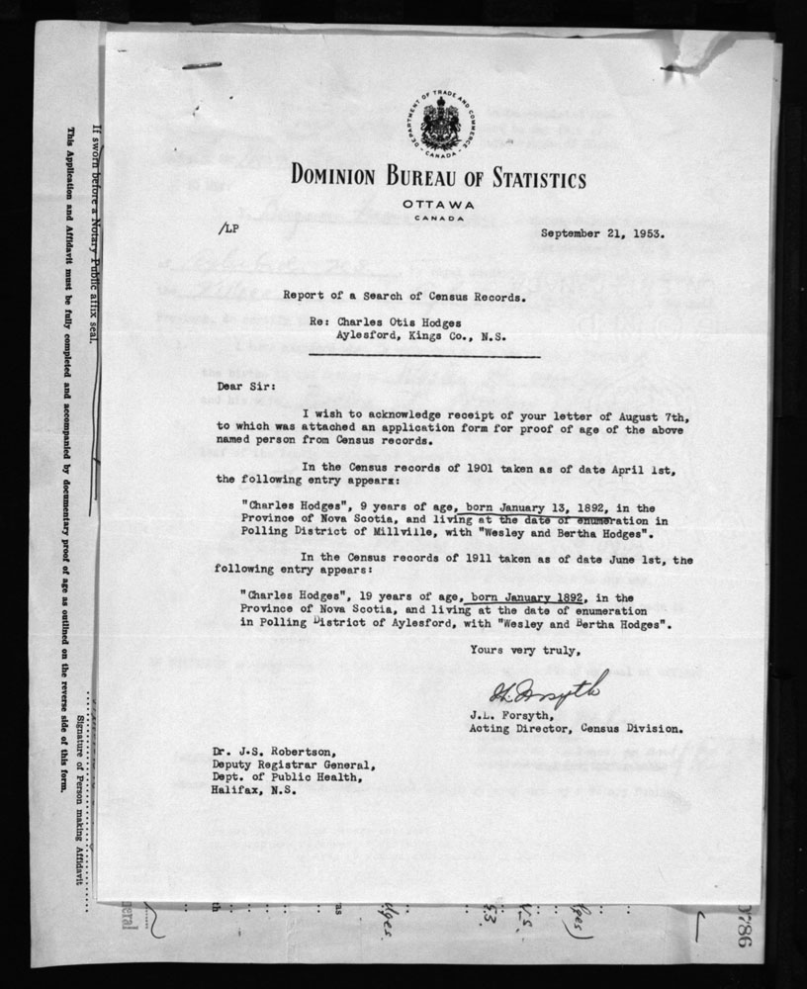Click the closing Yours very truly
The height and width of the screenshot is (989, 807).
(x=518, y=650)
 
